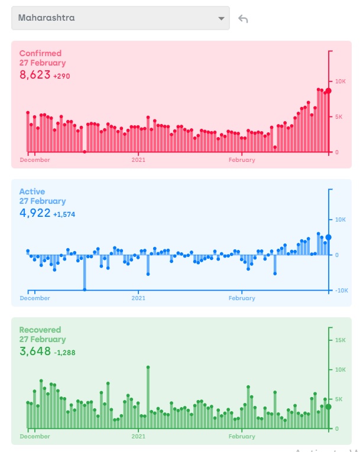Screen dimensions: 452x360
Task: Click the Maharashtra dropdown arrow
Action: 222,18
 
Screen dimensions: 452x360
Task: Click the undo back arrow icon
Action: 243,18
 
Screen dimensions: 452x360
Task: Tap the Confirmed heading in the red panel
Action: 40,53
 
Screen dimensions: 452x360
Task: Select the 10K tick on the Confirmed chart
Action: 341,81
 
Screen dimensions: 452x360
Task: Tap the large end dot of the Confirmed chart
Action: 328,90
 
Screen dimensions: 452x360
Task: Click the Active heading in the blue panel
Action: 32,191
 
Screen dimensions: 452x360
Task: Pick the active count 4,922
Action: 35,213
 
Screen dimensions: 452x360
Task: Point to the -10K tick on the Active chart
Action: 342,291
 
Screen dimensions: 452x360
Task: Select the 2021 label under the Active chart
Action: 138,298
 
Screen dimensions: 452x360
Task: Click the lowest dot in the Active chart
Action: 85,290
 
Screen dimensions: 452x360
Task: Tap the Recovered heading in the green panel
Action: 40,330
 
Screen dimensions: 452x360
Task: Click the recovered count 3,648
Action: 35,352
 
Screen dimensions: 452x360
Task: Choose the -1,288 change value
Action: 64,353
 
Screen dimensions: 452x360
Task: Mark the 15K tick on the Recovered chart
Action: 341,340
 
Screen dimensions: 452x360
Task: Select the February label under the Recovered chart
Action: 242,437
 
